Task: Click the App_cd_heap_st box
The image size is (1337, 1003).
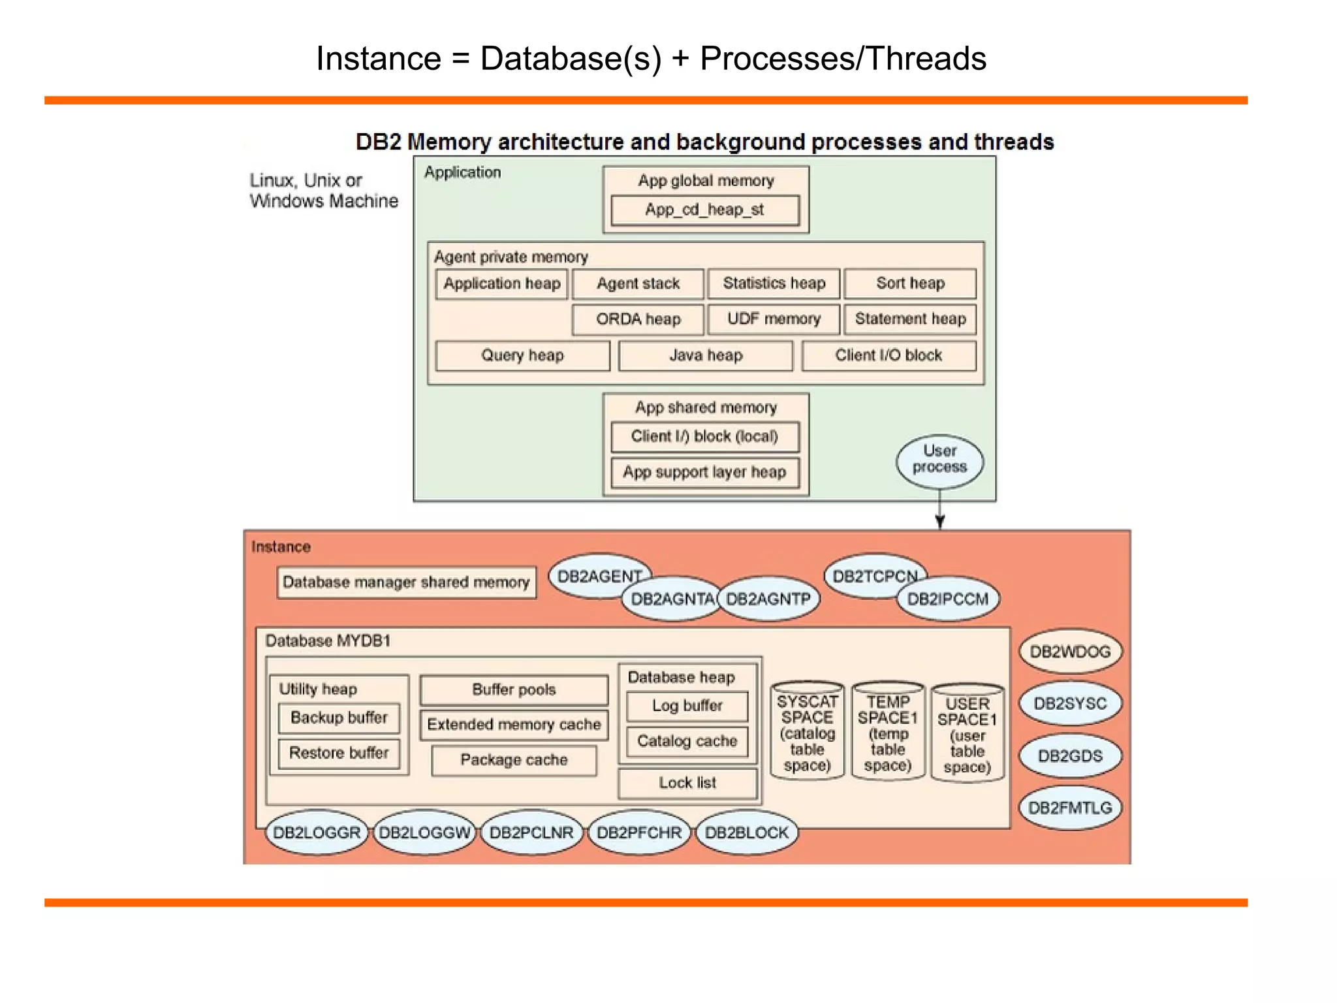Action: (x=705, y=210)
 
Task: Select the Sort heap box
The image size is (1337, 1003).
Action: (x=910, y=283)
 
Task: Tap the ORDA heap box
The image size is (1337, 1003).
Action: (x=638, y=319)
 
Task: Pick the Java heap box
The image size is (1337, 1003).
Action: (x=706, y=356)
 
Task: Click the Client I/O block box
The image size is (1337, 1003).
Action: (x=889, y=356)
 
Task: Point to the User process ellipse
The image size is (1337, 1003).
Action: (x=939, y=460)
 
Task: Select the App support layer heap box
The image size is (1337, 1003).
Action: (x=705, y=472)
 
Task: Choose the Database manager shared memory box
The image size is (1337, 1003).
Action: (x=406, y=582)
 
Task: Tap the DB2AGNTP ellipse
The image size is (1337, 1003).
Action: (x=768, y=599)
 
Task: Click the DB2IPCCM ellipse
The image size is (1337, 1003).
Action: (x=948, y=599)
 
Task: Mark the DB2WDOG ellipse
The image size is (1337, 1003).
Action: (x=1070, y=652)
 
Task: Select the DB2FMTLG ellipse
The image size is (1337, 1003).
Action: (x=1070, y=808)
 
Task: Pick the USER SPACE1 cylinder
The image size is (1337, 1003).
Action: (x=967, y=735)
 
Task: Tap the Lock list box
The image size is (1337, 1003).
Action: (x=687, y=783)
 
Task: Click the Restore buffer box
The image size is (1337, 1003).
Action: (x=339, y=754)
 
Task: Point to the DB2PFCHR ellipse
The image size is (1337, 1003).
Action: (x=639, y=833)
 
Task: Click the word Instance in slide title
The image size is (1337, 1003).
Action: (x=379, y=59)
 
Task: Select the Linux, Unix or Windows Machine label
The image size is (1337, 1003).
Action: (x=323, y=191)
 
